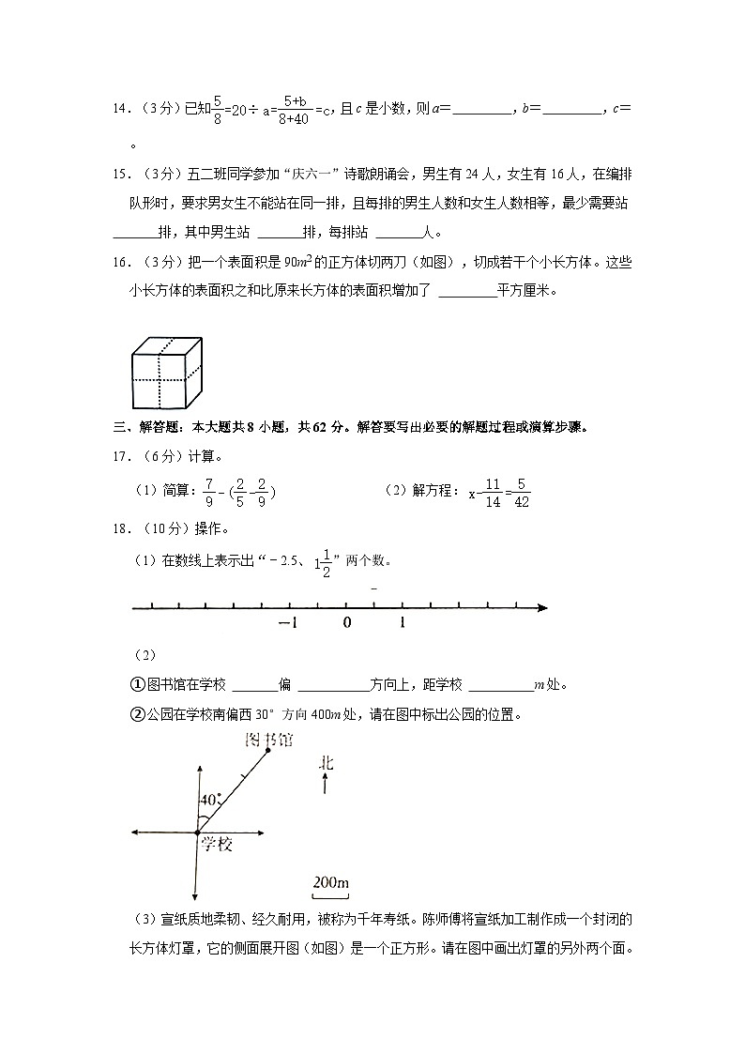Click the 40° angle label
pos(211,801)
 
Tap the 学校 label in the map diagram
pos(216,845)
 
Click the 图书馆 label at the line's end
pos(268,741)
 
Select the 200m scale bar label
pos(330,882)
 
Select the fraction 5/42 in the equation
pos(523,491)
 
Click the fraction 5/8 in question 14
pos(218,109)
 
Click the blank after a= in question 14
pos(482,110)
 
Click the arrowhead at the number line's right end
pos(542,608)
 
